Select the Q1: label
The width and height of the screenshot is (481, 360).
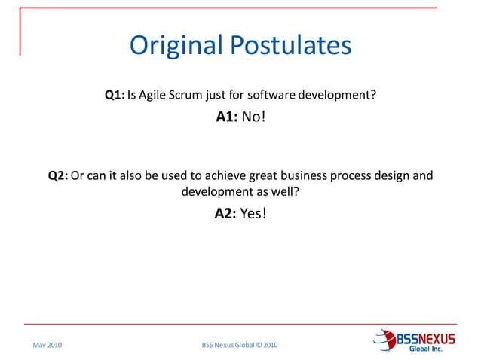click(115, 96)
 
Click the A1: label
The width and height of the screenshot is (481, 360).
click(227, 117)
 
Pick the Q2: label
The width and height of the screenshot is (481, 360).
click(58, 176)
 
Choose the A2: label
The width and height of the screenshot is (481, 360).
click(225, 213)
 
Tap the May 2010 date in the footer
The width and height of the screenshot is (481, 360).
click(47, 345)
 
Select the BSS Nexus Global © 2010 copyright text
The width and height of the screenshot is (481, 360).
click(240, 345)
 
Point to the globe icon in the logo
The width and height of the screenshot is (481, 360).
click(384, 339)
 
